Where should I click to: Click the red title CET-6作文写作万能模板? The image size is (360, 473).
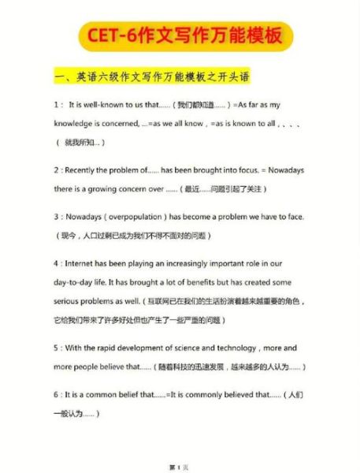click(x=180, y=36)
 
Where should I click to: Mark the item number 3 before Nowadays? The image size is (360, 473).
click(x=55, y=217)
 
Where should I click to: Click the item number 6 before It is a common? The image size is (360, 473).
click(x=55, y=394)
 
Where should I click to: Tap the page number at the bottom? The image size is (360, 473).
click(x=180, y=467)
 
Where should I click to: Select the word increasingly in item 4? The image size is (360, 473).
click(x=195, y=263)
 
